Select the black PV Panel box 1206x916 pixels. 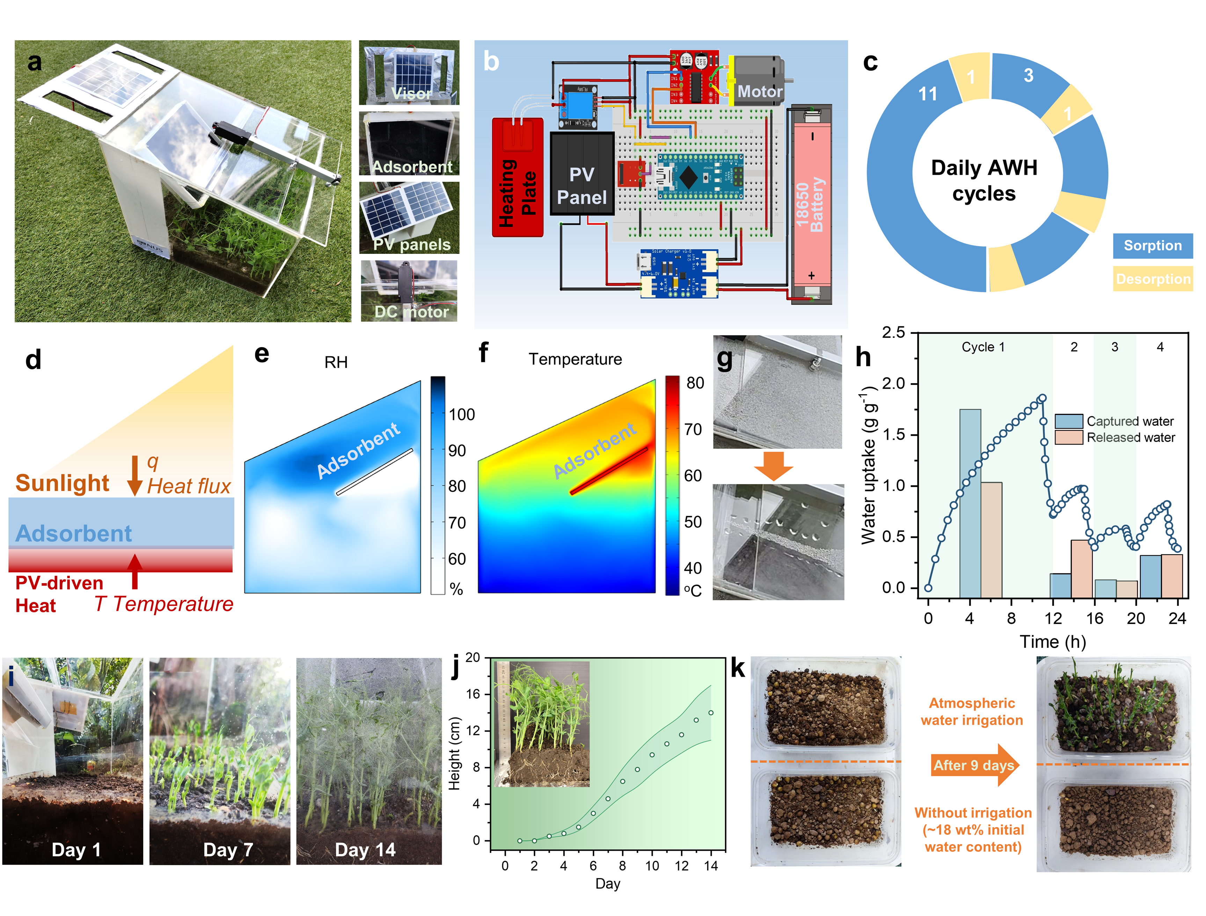(582, 173)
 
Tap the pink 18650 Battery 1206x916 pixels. (811, 204)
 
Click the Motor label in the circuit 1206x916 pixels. (760, 91)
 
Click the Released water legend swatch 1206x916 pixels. (1068, 437)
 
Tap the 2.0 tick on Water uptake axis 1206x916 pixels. (894, 384)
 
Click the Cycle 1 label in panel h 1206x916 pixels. (983, 347)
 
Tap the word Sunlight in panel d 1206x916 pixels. (62, 483)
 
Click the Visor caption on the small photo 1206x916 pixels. (411, 94)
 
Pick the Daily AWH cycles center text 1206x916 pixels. (984, 180)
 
